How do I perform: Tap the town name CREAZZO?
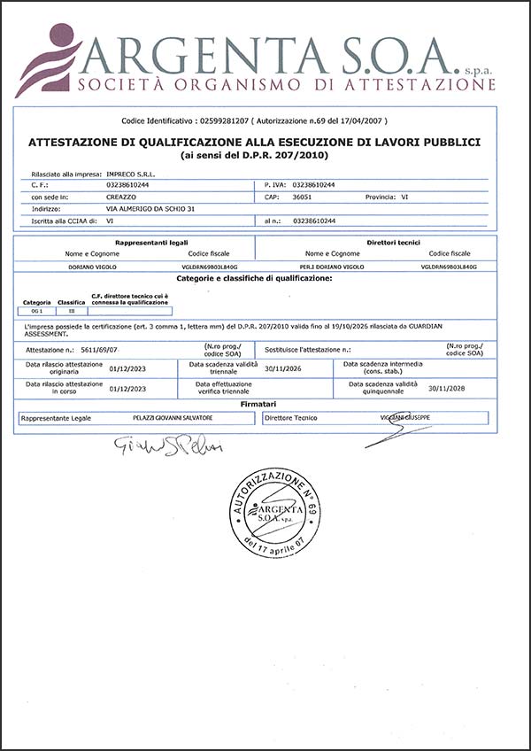click(121, 197)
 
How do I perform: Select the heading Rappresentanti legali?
click(151, 242)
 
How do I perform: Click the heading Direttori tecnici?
click(392, 242)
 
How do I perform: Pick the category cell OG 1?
click(36, 310)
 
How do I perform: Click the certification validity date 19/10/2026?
click(356, 327)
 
